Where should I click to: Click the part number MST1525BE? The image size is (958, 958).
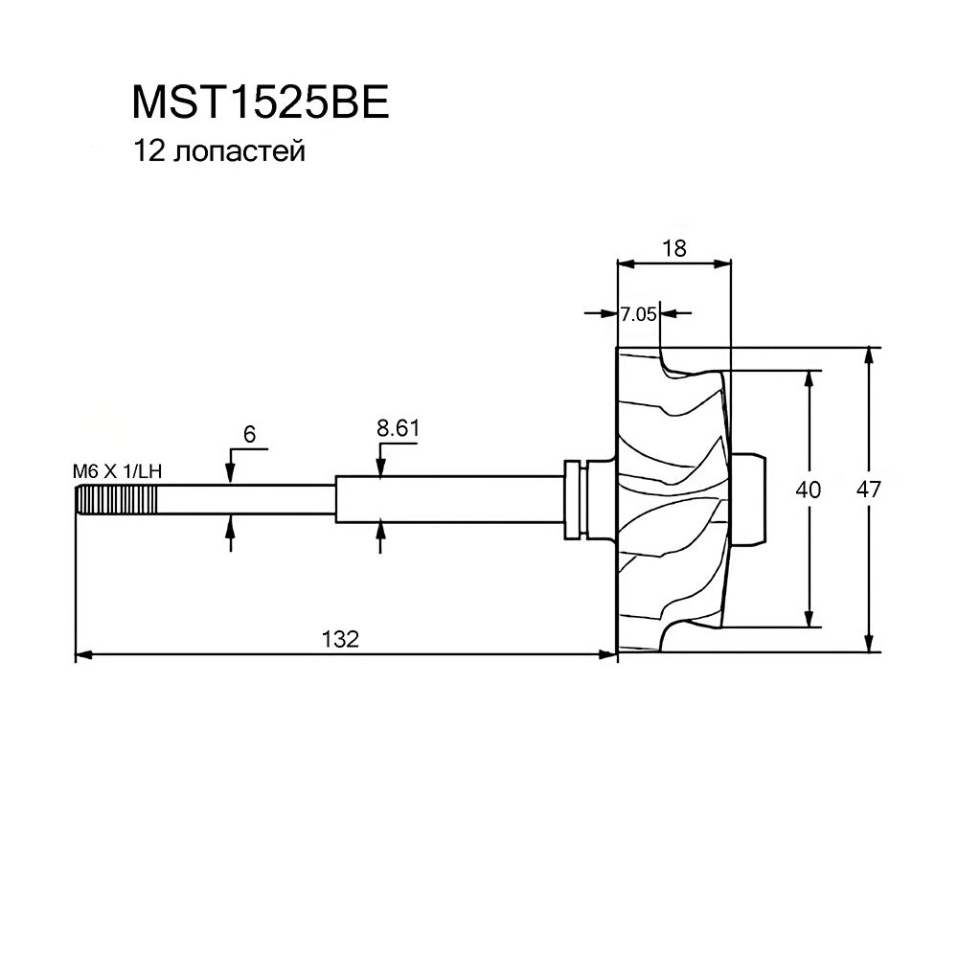point(261,103)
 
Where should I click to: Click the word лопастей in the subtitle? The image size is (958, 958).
point(239,151)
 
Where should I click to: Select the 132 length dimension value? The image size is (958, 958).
point(340,639)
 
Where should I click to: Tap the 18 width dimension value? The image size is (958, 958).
point(673,249)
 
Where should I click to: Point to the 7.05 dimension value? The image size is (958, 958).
point(638,314)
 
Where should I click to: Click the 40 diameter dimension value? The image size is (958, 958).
point(808,490)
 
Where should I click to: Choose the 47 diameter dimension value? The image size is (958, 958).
point(868,490)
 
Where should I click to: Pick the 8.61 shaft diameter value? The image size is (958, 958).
point(398,428)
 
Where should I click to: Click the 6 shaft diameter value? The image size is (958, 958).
point(249,434)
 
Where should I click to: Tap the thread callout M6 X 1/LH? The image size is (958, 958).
point(117,471)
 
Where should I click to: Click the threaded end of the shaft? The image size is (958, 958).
point(117,500)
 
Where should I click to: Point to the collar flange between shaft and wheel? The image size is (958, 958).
point(574,500)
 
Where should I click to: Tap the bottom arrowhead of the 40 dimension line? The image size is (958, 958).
point(810,618)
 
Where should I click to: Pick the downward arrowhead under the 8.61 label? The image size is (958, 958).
point(380,468)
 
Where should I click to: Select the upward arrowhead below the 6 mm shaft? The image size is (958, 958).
point(230,524)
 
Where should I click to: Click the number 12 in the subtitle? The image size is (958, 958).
point(149,151)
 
